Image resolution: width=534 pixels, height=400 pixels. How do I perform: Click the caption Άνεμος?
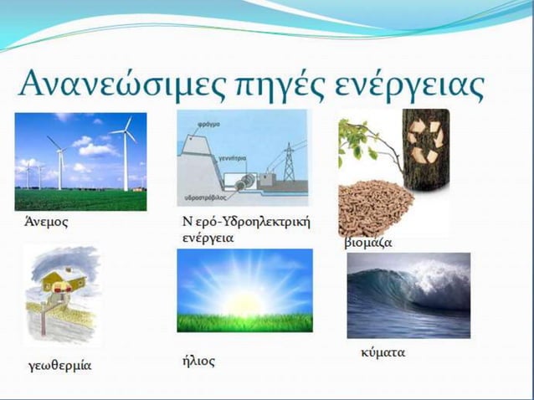coord(46,223)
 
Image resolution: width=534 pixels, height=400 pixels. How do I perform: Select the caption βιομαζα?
coord(368,243)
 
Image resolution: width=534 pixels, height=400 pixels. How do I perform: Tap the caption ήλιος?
coord(198,361)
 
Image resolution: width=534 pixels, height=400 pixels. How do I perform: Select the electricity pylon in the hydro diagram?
coord(289,162)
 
